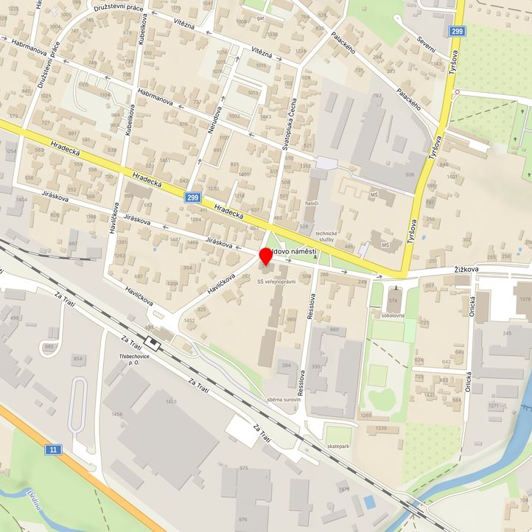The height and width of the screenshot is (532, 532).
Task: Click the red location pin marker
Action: coord(266,257)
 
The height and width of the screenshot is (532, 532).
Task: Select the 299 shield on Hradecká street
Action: coord(193,197)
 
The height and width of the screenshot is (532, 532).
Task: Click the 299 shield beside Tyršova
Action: coord(458,31)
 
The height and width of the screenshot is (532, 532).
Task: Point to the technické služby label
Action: coord(325,237)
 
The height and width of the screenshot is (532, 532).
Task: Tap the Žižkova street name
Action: coord(466,270)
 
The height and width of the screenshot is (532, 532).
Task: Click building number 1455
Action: coord(171,402)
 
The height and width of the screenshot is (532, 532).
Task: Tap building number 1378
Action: coord(524,298)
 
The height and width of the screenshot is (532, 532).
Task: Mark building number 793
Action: coord(377,96)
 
